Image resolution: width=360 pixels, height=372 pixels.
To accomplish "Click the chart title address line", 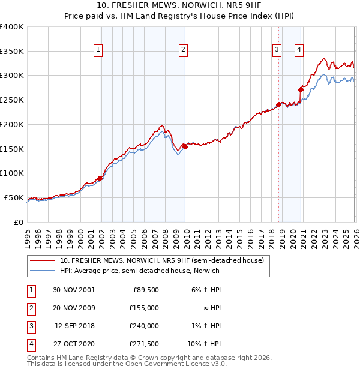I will coord(179,6).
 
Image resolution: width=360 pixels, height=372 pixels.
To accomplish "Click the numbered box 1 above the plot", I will coord(98,50).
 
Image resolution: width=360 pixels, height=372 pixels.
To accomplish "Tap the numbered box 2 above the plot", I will coord(182,50).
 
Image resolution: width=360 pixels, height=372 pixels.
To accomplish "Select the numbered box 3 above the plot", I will coord(277,50).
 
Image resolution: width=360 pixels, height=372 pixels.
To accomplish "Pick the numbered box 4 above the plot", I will coord(298,50).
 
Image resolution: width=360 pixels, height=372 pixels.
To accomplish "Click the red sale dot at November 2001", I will coord(100,178).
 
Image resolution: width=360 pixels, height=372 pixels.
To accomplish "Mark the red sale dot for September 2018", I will coord(278,104).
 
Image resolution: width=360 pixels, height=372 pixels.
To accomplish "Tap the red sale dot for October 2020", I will coord(301,89).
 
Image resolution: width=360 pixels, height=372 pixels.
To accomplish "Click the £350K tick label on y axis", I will coord(12,52).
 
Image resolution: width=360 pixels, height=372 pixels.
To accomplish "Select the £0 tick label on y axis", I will coord(18,222).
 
